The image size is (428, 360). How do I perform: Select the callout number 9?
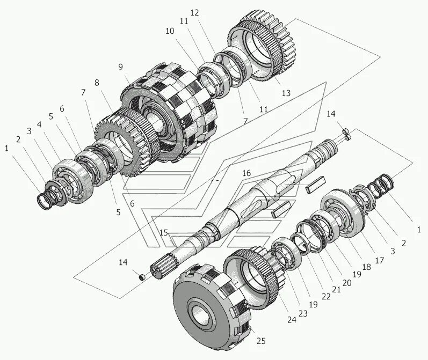pyautogui.click(x=121, y=67)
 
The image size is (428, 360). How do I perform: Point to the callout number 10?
pyautogui.click(x=170, y=32)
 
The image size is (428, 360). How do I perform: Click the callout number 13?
pyautogui.click(x=286, y=93)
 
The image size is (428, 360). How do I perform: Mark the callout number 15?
pyautogui.click(x=164, y=233)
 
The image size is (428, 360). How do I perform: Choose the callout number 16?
pyautogui.click(x=246, y=173)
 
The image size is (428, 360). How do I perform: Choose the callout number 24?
pyautogui.click(x=292, y=320)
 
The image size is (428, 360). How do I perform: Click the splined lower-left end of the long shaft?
pyautogui.click(x=164, y=266)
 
